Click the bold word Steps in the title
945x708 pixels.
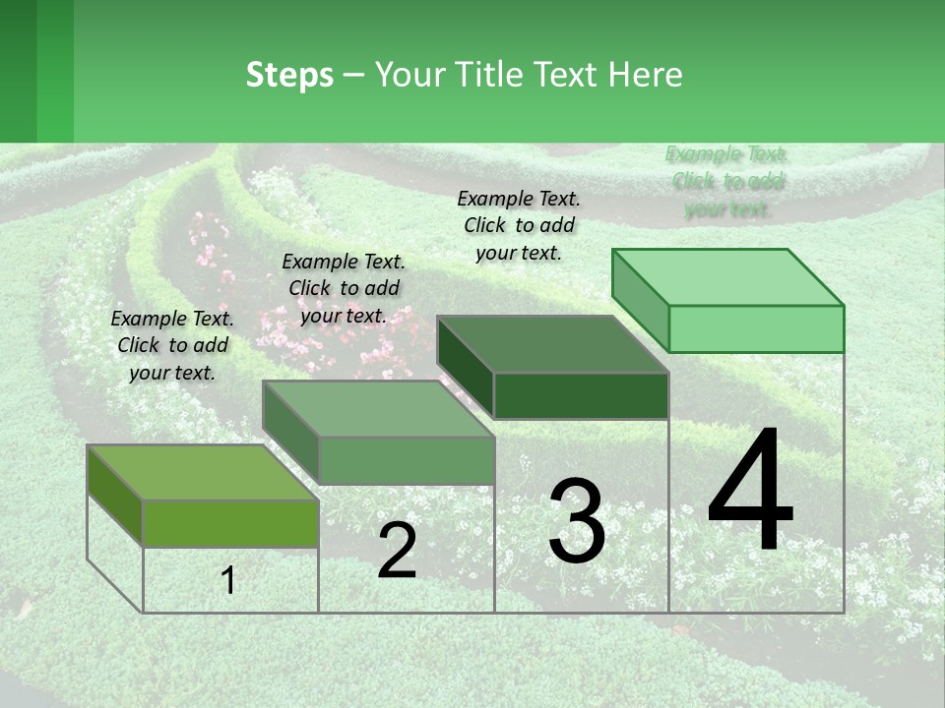point(289,75)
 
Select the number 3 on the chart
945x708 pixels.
point(576,521)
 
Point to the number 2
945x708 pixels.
point(397,551)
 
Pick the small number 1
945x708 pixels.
point(228,580)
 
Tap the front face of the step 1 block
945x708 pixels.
point(230,523)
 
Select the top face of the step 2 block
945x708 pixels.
point(378,409)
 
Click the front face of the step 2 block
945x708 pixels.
point(407,460)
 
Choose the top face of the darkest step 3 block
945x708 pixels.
point(552,344)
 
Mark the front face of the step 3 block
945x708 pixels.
point(581,395)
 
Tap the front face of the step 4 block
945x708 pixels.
point(756,328)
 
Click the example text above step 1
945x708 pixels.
point(172,346)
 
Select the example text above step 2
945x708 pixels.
point(344,289)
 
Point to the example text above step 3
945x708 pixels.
point(519,225)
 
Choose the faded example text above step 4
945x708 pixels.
point(726,181)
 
